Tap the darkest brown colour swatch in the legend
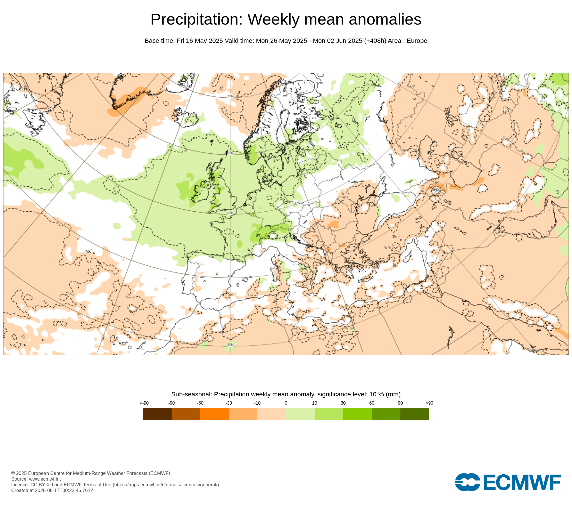coord(157,414)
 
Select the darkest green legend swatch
coord(414,414)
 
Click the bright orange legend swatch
coord(214,414)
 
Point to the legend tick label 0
coord(286,403)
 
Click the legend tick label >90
coord(429,403)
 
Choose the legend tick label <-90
coord(144,403)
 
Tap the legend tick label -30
coord(229,403)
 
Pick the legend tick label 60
coord(372,403)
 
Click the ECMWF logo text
coord(522,482)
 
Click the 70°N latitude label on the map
coord(230,96)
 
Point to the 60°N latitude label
coord(230,153)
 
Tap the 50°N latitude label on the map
coord(230,213)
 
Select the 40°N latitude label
coord(230,276)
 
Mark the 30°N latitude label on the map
coord(230,345)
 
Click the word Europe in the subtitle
coord(417,41)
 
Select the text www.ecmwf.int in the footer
coord(45,479)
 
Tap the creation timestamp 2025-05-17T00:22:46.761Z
coord(64,490)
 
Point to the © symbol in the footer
coord(13,473)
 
